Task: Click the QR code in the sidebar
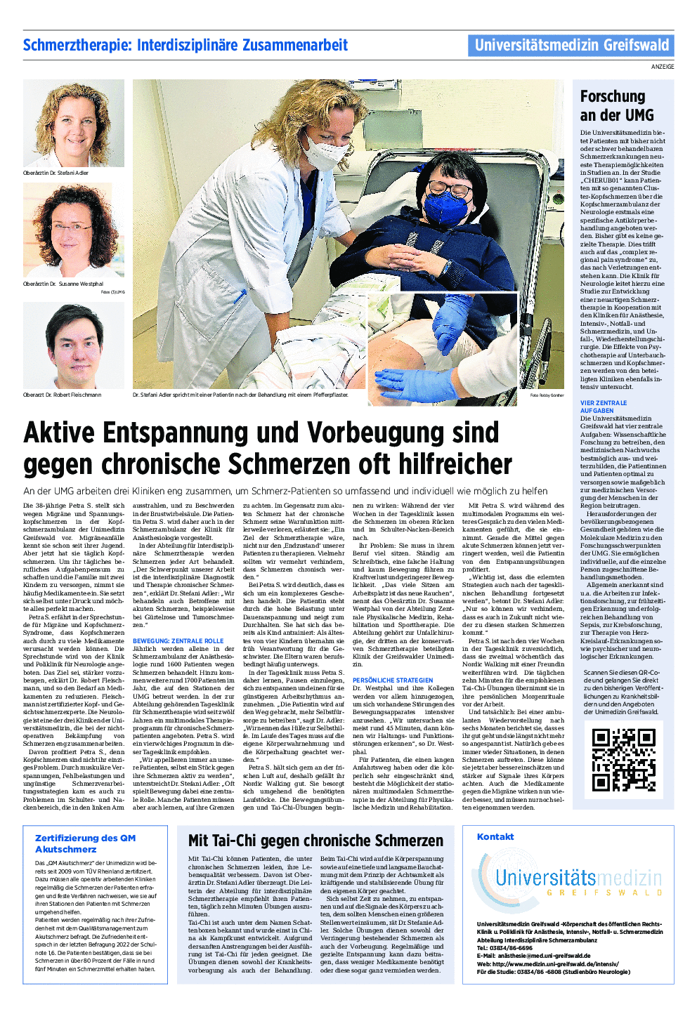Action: click(x=623, y=760)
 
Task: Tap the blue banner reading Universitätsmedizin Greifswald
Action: click(x=571, y=46)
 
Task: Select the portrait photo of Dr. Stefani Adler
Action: click(x=74, y=123)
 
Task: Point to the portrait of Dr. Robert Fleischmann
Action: click(x=74, y=345)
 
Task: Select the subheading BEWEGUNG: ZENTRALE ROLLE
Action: click(x=178, y=641)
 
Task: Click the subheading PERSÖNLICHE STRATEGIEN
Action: click(x=393, y=680)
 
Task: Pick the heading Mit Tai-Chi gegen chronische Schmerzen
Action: click(x=315, y=841)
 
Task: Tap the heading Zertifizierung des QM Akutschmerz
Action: click(x=85, y=843)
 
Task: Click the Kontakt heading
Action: click(x=495, y=836)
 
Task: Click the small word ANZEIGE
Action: click(x=663, y=67)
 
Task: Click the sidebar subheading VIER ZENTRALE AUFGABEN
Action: click(x=603, y=407)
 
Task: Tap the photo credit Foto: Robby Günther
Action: click(x=547, y=395)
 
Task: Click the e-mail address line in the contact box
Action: click(x=533, y=956)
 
